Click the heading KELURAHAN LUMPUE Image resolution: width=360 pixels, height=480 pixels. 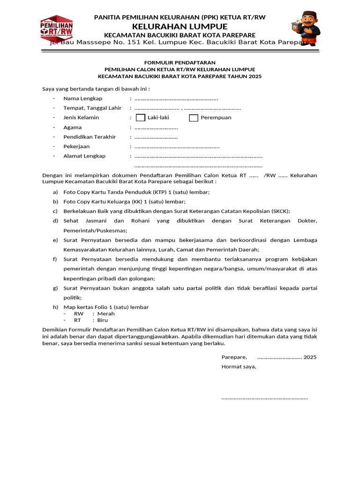[x=180, y=26]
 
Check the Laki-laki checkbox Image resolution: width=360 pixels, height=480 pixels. [x=140, y=118]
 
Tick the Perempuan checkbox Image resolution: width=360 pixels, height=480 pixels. [x=194, y=118]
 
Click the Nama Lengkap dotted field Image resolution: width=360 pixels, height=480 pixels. [x=176, y=99]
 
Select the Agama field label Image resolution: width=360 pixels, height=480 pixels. [x=73, y=127]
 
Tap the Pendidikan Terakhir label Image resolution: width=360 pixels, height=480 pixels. [x=90, y=137]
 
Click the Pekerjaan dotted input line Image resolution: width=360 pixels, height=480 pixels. [x=177, y=147]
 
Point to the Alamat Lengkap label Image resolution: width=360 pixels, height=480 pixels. [x=84, y=156]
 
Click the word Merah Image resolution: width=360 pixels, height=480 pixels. [x=106, y=314]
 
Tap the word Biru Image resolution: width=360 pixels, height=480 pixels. [x=103, y=320]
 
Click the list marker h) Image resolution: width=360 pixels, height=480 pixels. [x=55, y=307]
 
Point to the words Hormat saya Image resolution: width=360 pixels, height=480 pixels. [x=239, y=367]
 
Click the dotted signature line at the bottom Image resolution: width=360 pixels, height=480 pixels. [x=264, y=398]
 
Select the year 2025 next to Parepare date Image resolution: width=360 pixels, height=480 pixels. [x=310, y=357]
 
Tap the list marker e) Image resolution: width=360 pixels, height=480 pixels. [x=55, y=240]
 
